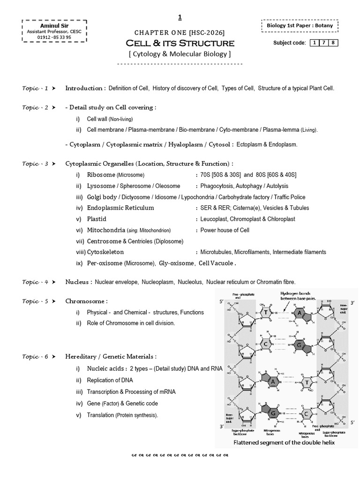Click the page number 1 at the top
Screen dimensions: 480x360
point(180,18)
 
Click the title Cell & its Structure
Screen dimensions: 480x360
point(180,43)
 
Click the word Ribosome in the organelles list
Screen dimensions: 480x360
point(101,175)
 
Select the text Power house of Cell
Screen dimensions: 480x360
point(225,230)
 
